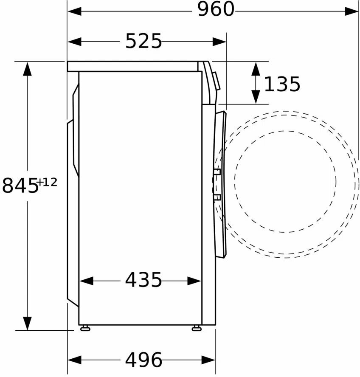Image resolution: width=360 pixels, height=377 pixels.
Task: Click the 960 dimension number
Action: point(216,9)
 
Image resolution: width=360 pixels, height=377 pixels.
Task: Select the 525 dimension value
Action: point(143,41)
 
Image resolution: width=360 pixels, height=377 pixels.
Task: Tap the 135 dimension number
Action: point(282,84)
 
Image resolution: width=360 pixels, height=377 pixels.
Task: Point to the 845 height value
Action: point(20,186)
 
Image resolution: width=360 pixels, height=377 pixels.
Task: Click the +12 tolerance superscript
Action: point(48,182)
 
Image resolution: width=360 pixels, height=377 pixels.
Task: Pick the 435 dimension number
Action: point(143,280)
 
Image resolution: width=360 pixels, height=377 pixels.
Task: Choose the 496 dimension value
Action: point(143,360)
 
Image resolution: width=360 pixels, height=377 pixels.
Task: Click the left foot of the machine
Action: point(85,328)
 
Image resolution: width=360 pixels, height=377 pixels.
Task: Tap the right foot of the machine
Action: point(197,328)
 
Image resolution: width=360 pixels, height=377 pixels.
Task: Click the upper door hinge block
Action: point(217,172)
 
